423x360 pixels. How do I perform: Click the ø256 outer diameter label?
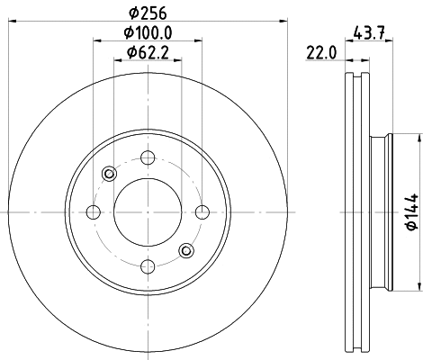tap(147, 12)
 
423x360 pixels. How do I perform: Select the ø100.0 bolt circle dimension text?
tap(148, 33)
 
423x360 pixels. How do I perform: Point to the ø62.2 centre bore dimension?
tap(148, 53)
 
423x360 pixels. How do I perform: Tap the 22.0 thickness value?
tap(319, 53)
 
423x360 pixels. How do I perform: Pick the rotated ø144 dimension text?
tap(413, 211)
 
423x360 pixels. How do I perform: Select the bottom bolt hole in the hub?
tap(147, 265)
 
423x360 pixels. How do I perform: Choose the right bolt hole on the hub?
tap(201, 211)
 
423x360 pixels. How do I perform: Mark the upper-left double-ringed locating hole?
tap(109, 174)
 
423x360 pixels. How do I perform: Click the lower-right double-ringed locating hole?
tap(185, 250)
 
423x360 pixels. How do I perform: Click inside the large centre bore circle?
tap(147, 211)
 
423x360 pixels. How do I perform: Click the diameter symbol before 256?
tap(132, 12)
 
